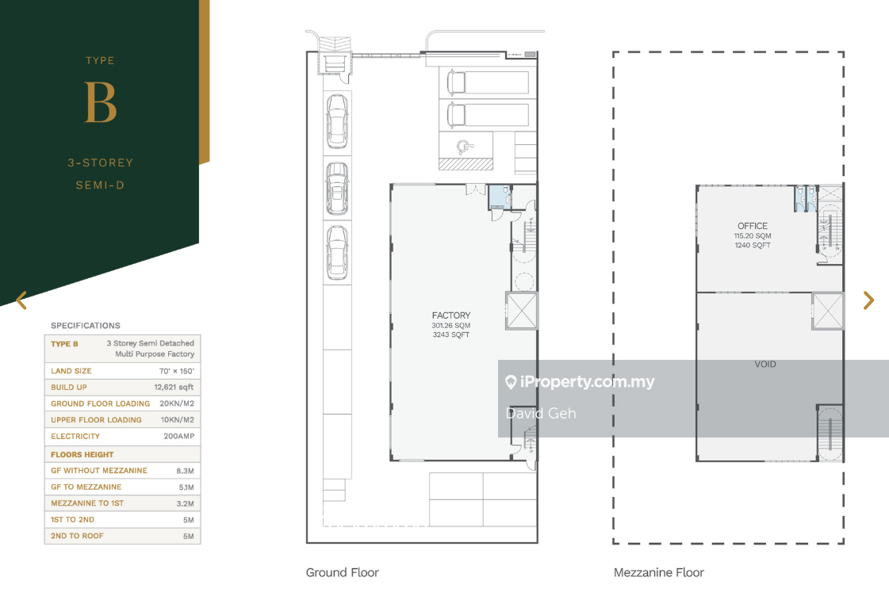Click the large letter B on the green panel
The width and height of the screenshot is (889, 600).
tap(101, 102)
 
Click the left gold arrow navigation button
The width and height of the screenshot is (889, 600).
tap(21, 300)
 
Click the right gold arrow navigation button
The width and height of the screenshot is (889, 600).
tap(868, 300)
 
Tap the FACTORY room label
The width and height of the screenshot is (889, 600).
tap(451, 315)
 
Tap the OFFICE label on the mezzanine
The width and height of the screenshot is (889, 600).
tap(753, 226)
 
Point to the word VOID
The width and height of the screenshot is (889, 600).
tap(764, 365)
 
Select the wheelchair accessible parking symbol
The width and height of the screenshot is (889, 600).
tap(466, 147)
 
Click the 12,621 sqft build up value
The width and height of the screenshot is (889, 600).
tap(174, 387)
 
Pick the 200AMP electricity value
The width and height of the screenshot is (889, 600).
tap(179, 436)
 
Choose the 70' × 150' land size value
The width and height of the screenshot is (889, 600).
tap(177, 371)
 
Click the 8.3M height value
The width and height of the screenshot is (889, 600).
tap(185, 471)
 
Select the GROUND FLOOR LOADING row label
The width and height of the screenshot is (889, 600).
tap(101, 403)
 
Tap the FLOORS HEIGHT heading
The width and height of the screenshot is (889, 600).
tap(82, 454)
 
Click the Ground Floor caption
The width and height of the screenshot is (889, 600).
tap(342, 572)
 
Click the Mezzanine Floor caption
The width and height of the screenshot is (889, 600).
tap(659, 572)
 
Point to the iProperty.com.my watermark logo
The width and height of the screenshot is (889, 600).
tap(580, 382)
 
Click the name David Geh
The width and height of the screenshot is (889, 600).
tap(540, 413)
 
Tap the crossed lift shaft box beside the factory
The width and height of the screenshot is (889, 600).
tap(521, 311)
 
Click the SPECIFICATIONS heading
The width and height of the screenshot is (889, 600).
tap(86, 325)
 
